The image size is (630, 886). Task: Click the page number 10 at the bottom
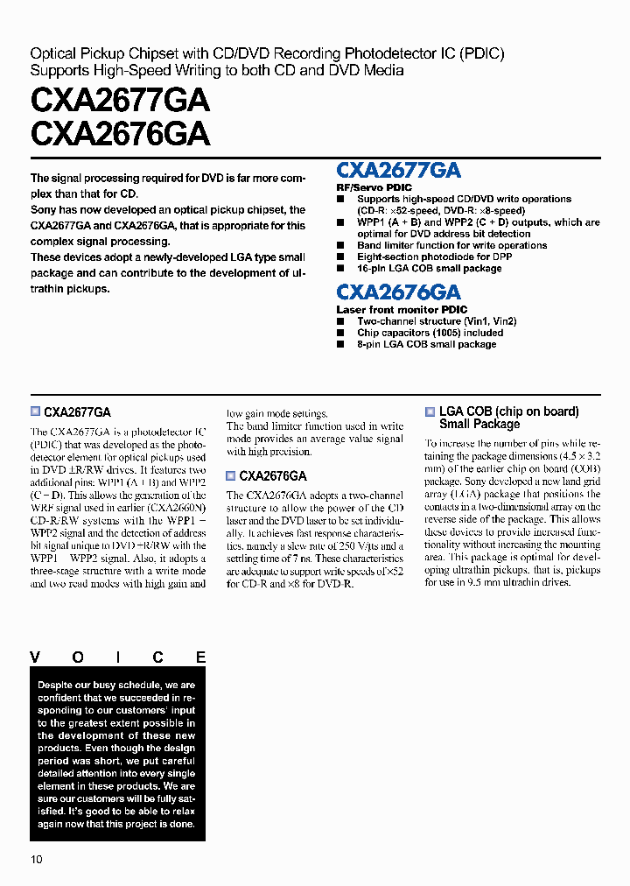point(37,859)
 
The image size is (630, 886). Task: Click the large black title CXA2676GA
point(120,133)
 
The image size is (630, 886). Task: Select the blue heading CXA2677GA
point(398,171)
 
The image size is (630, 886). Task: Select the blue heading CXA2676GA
point(398,292)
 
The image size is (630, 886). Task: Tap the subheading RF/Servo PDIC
point(374,187)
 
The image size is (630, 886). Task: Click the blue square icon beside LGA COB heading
point(430,411)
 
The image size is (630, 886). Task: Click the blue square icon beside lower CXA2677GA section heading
point(35,411)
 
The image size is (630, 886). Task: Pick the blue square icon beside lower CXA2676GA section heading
point(231,476)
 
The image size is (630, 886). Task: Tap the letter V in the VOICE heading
point(36,657)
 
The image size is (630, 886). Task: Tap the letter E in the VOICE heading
point(200,657)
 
